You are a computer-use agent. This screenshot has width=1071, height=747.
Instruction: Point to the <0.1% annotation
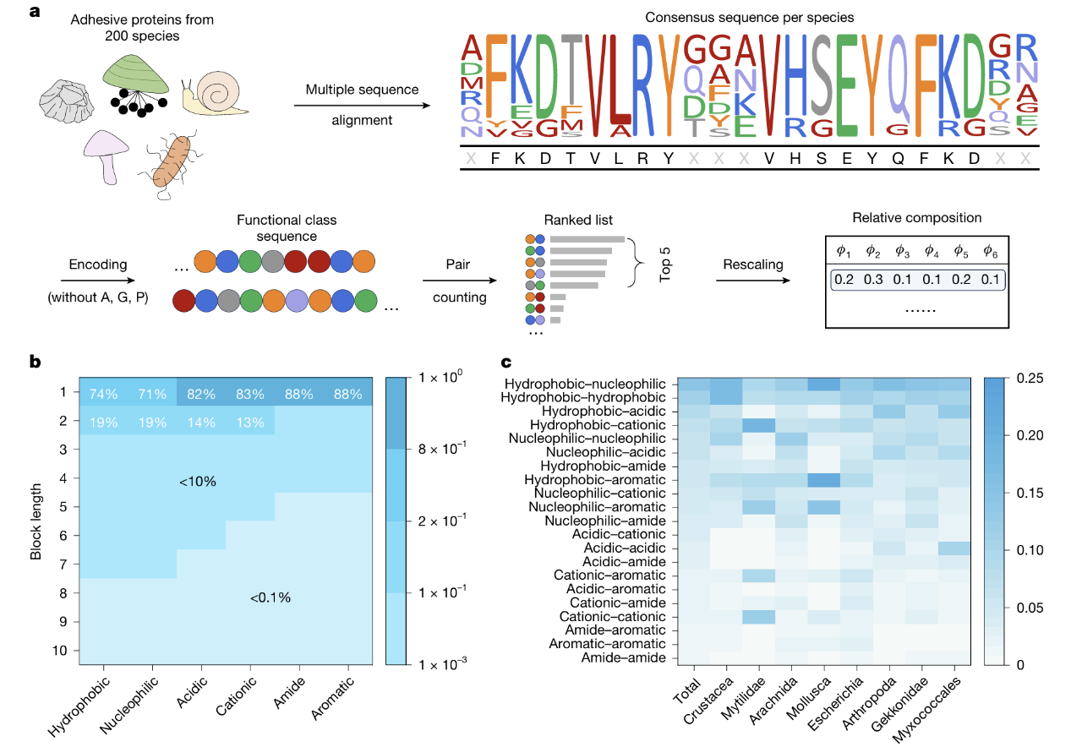pyautogui.click(x=270, y=597)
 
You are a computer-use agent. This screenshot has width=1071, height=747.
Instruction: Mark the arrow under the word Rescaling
pyautogui.click(x=752, y=282)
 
